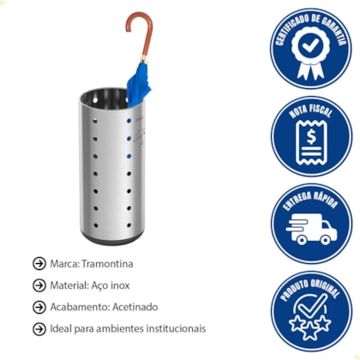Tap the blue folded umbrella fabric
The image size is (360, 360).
tap(138, 84)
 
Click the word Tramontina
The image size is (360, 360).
tap(107, 264)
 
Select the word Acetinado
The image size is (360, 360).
tap(135, 307)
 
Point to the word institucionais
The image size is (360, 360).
tap(176, 328)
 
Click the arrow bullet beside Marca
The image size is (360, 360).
tap(39, 264)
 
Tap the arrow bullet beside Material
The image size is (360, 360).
tap(39, 285)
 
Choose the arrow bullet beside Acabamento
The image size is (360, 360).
tap(39, 307)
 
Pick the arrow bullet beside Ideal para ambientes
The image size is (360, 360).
tap(39, 329)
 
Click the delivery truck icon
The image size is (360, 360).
tap(311, 231)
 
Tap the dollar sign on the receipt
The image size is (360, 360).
tap(311, 136)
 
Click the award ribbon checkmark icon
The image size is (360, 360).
tap(311, 53)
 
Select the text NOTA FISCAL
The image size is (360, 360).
tap(311, 111)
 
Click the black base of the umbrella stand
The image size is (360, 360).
tap(111, 239)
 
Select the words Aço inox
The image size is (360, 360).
tap(111, 285)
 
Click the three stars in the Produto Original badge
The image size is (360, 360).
tap(310, 327)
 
